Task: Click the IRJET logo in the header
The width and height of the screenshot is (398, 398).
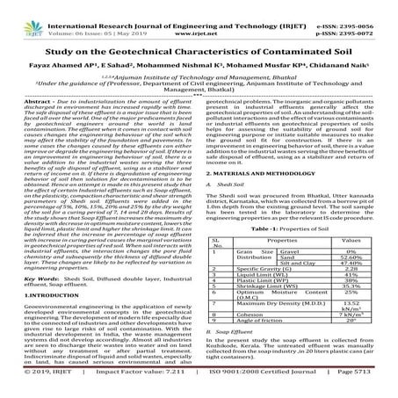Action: (25, 15)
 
